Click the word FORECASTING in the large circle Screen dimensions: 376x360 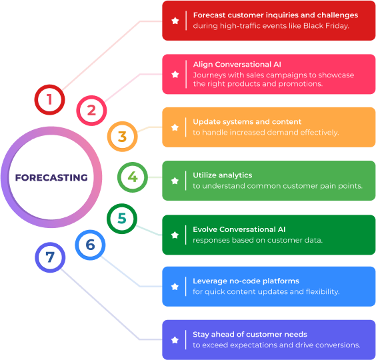[x=51, y=177]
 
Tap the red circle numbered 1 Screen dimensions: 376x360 [x=36, y=99]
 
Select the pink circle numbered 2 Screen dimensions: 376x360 [x=78, y=111]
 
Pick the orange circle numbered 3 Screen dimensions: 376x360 [x=109, y=137]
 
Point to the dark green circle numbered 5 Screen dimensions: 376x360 [x=109, y=219]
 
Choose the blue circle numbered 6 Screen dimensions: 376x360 [x=77, y=245]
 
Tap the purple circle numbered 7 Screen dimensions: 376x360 [x=37, y=257]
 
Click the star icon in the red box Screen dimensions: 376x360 [x=175, y=21]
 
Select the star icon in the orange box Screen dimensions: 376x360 [x=175, y=127]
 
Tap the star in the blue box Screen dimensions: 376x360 [x=175, y=287]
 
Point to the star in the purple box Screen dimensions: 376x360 [x=175, y=340]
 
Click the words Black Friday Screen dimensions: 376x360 [x=325, y=26]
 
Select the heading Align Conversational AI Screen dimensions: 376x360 [x=237, y=64]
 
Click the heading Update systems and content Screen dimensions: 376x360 [x=247, y=122]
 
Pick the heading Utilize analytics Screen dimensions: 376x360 [x=223, y=175]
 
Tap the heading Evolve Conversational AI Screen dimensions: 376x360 [x=239, y=229]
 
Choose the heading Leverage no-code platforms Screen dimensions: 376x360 [x=246, y=281]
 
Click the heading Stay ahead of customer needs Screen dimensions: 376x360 [x=250, y=335]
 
